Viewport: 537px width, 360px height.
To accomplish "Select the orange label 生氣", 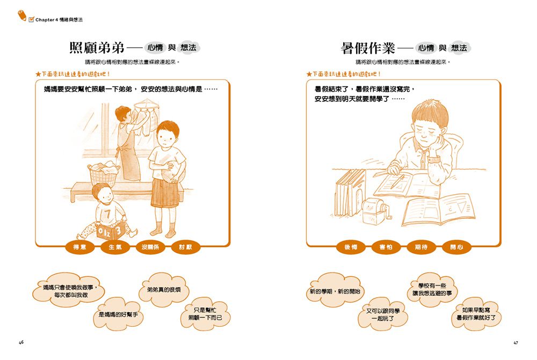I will (115, 247).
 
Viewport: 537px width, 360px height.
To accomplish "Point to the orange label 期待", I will (421, 247).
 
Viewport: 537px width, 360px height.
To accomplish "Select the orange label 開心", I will (456, 247).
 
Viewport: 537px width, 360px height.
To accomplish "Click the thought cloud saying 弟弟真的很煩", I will (164, 290).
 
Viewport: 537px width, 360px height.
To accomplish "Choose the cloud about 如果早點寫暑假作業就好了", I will (476, 314).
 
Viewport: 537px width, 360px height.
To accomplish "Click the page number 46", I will (21, 342).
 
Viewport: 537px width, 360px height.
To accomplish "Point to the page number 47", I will (516, 342).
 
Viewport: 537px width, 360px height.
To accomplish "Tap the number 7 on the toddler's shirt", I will (107, 213).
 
